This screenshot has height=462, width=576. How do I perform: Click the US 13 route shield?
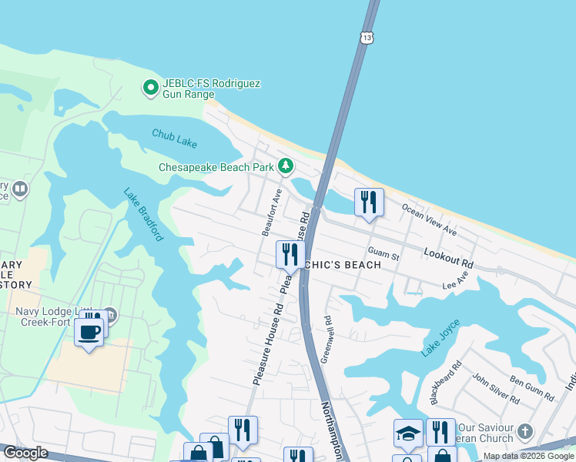(366, 37)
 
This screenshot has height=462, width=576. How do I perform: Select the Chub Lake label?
(174, 138)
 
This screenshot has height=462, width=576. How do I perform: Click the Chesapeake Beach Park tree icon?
(286, 166)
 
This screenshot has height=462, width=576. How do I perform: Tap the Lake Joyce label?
(441, 337)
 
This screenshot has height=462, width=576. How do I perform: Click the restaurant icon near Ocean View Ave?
(369, 203)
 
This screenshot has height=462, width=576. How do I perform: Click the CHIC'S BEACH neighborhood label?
(344, 265)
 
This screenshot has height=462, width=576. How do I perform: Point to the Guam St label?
(383, 253)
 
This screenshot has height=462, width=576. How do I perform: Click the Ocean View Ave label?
(429, 220)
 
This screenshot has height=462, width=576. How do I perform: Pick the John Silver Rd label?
(495, 388)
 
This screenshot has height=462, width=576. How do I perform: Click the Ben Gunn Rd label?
(532, 387)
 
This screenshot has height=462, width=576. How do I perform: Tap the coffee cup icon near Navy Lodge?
(90, 333)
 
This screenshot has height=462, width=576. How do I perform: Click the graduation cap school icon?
(408, 433)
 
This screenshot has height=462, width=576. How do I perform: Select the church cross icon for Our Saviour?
(525, 430)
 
